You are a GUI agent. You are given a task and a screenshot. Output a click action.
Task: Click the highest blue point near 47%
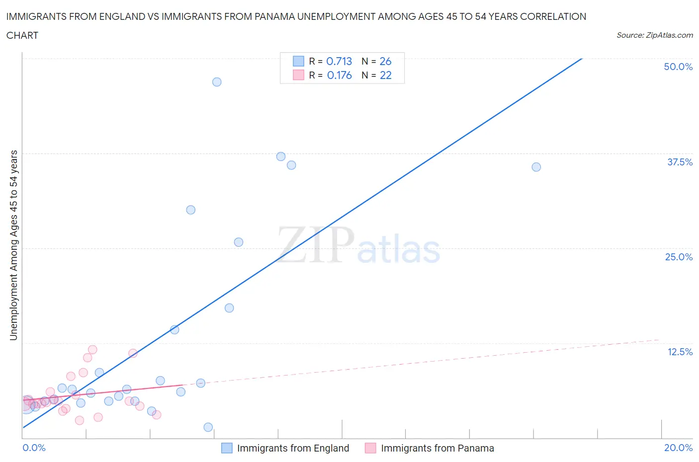tap(217, 82)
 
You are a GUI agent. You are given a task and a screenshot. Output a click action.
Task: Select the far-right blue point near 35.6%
tap(536, 167)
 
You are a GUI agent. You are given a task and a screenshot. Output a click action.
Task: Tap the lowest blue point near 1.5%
tap(208, 427)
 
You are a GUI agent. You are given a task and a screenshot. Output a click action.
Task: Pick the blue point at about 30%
tap(191, 210)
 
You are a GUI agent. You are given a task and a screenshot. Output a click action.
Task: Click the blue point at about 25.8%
tap(239, 242)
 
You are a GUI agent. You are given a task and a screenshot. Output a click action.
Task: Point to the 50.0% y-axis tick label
tap(678, 67)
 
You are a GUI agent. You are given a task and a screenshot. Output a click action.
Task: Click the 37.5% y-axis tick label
tap(680, 162)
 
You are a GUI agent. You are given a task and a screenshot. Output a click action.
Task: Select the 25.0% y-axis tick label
tap(679, 257)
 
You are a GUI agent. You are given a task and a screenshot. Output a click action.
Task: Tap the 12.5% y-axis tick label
tap(680, 352)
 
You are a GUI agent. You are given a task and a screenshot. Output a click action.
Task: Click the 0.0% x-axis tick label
tap(34, 448)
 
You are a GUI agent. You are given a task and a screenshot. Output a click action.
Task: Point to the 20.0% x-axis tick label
tap(678, 448)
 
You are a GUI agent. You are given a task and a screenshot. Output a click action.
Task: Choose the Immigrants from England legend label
tap(293, 448)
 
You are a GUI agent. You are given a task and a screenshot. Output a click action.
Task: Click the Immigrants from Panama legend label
tap(437, 448)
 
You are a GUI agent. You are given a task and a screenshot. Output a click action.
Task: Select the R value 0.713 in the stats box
tap(339, 61)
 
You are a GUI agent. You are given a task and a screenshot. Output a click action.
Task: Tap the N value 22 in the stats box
tap(385, 75)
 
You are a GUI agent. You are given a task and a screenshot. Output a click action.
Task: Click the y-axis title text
tap(13, 245)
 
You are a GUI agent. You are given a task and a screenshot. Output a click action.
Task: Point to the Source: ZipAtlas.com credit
tap(654, 35)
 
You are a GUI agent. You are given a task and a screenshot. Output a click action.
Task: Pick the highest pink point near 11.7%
tap(92, 350)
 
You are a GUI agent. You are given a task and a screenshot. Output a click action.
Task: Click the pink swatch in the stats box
tap(298, 75)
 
